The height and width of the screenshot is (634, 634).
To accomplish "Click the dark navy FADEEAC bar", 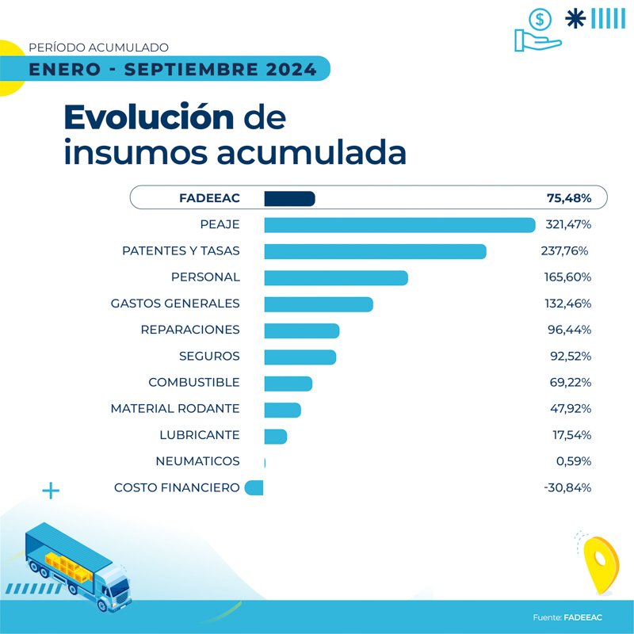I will pyautogui.click(x=289, y=198).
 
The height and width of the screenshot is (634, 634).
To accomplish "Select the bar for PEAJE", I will pyautogui.click(x=399, y=225).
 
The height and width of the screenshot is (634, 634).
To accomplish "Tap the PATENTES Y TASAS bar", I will pyautogui.click(x=375, y=251).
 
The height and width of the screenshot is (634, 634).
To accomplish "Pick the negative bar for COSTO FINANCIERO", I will pyautogui.click(x=254, y=488).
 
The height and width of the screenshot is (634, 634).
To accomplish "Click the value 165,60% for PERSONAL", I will pyautogui.click(x=568, y=277).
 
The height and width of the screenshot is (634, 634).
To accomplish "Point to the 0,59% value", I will pyautogui.click(x=571, y=461).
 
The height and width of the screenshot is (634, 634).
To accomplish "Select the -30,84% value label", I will pyautogui.click(x=567, y=488).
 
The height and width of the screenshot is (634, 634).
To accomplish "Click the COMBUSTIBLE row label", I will pyautogui.click(x=193, y=383).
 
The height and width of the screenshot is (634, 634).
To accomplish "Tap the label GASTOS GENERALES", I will pyautogui.click(x=175, y=304).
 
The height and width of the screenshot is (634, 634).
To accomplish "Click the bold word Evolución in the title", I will pyautogui.click(x=149, y=117).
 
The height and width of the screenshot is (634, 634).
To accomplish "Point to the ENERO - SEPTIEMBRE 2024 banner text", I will pyautogui.click(x=173, y=70).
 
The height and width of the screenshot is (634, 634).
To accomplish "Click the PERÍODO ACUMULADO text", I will pyautogui.click(x=98, y=48).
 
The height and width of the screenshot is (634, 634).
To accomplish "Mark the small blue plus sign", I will pyautogui.click(x=51, y=491).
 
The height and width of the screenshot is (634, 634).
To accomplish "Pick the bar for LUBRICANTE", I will pyautogui.click(x=275, y=436).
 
